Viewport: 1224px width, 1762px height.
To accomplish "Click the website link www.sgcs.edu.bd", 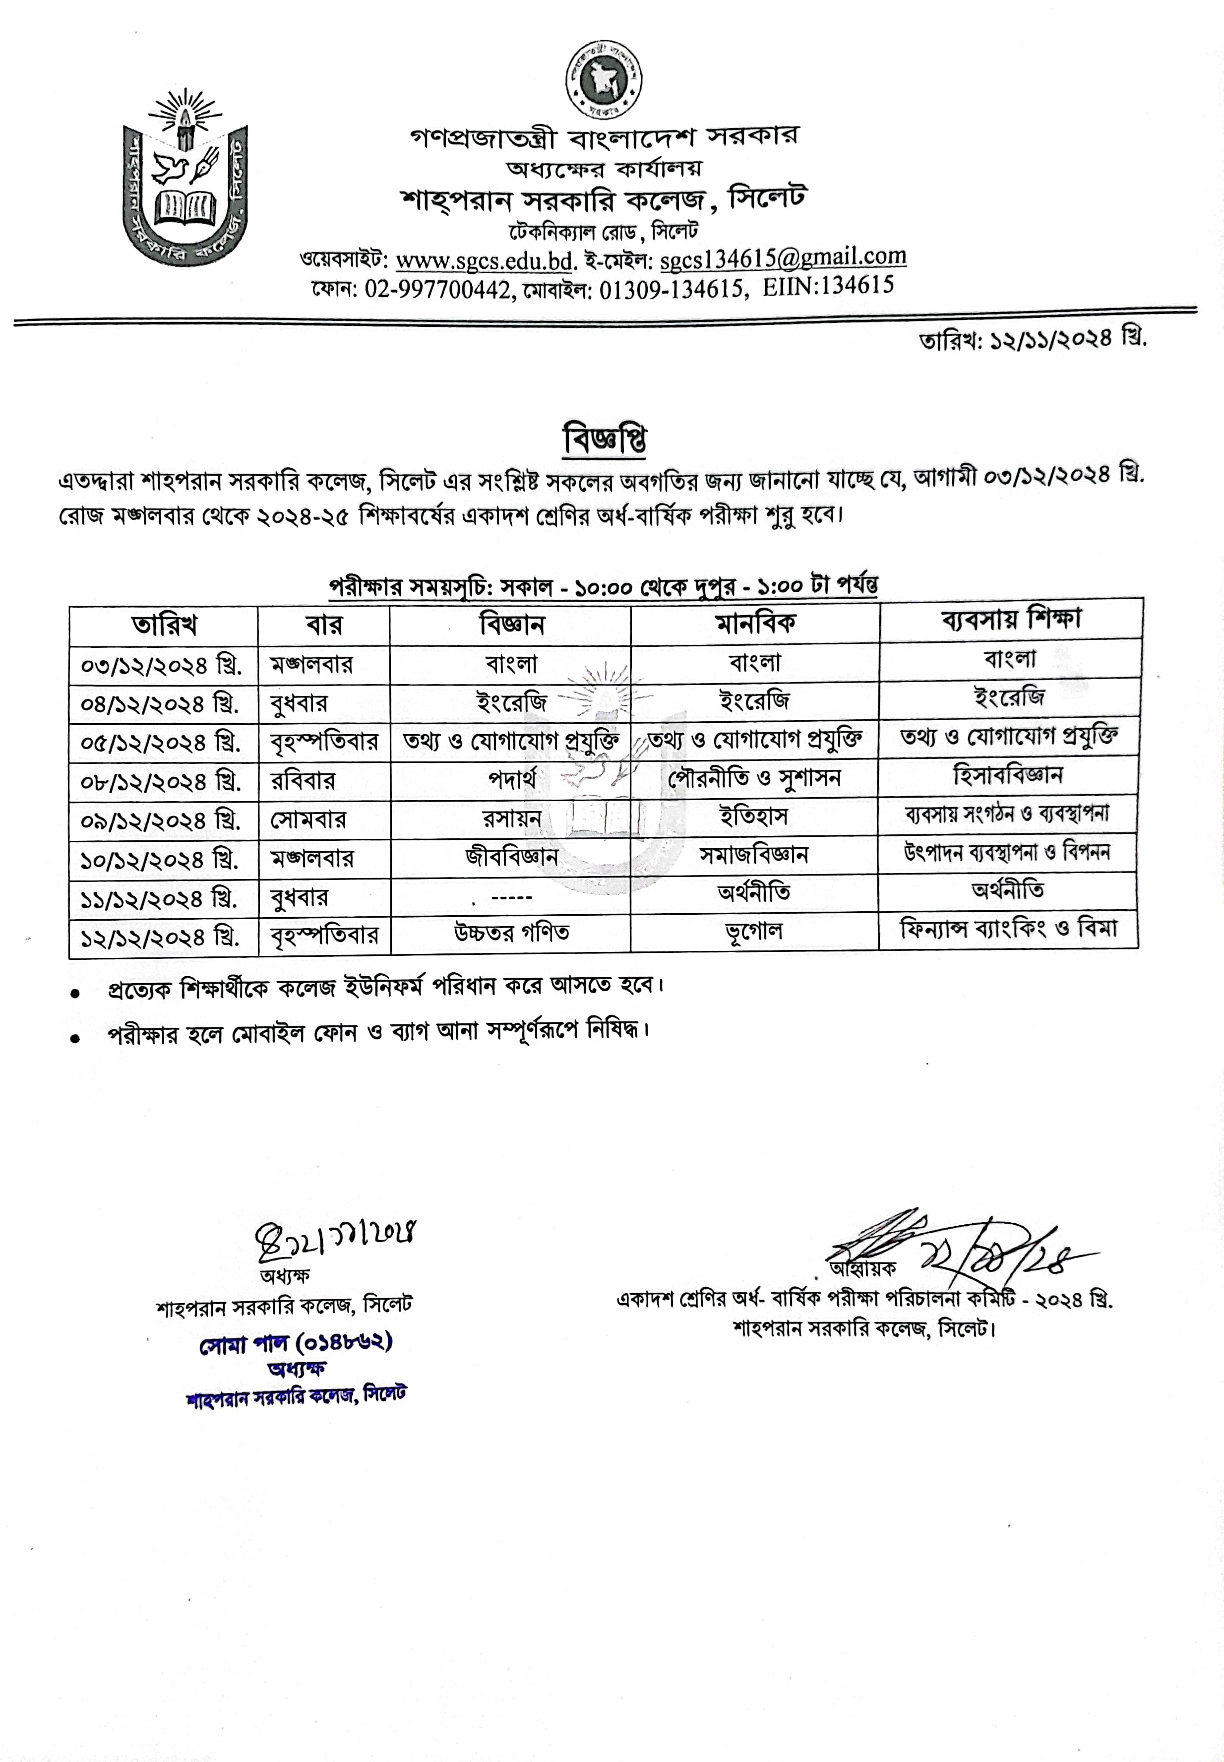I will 485,261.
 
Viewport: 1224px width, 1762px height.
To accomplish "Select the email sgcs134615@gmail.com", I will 782,258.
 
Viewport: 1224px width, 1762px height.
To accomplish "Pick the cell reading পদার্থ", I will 511,779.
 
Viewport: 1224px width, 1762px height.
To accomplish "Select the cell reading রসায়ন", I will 511,818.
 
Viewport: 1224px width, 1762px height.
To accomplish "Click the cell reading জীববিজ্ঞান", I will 511,856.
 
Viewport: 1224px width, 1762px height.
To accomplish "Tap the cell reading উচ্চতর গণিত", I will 511,933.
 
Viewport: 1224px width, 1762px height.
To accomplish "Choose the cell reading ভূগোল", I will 754,931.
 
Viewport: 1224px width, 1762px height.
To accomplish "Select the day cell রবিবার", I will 303,781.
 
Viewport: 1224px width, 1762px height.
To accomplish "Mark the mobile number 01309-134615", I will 671,289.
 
